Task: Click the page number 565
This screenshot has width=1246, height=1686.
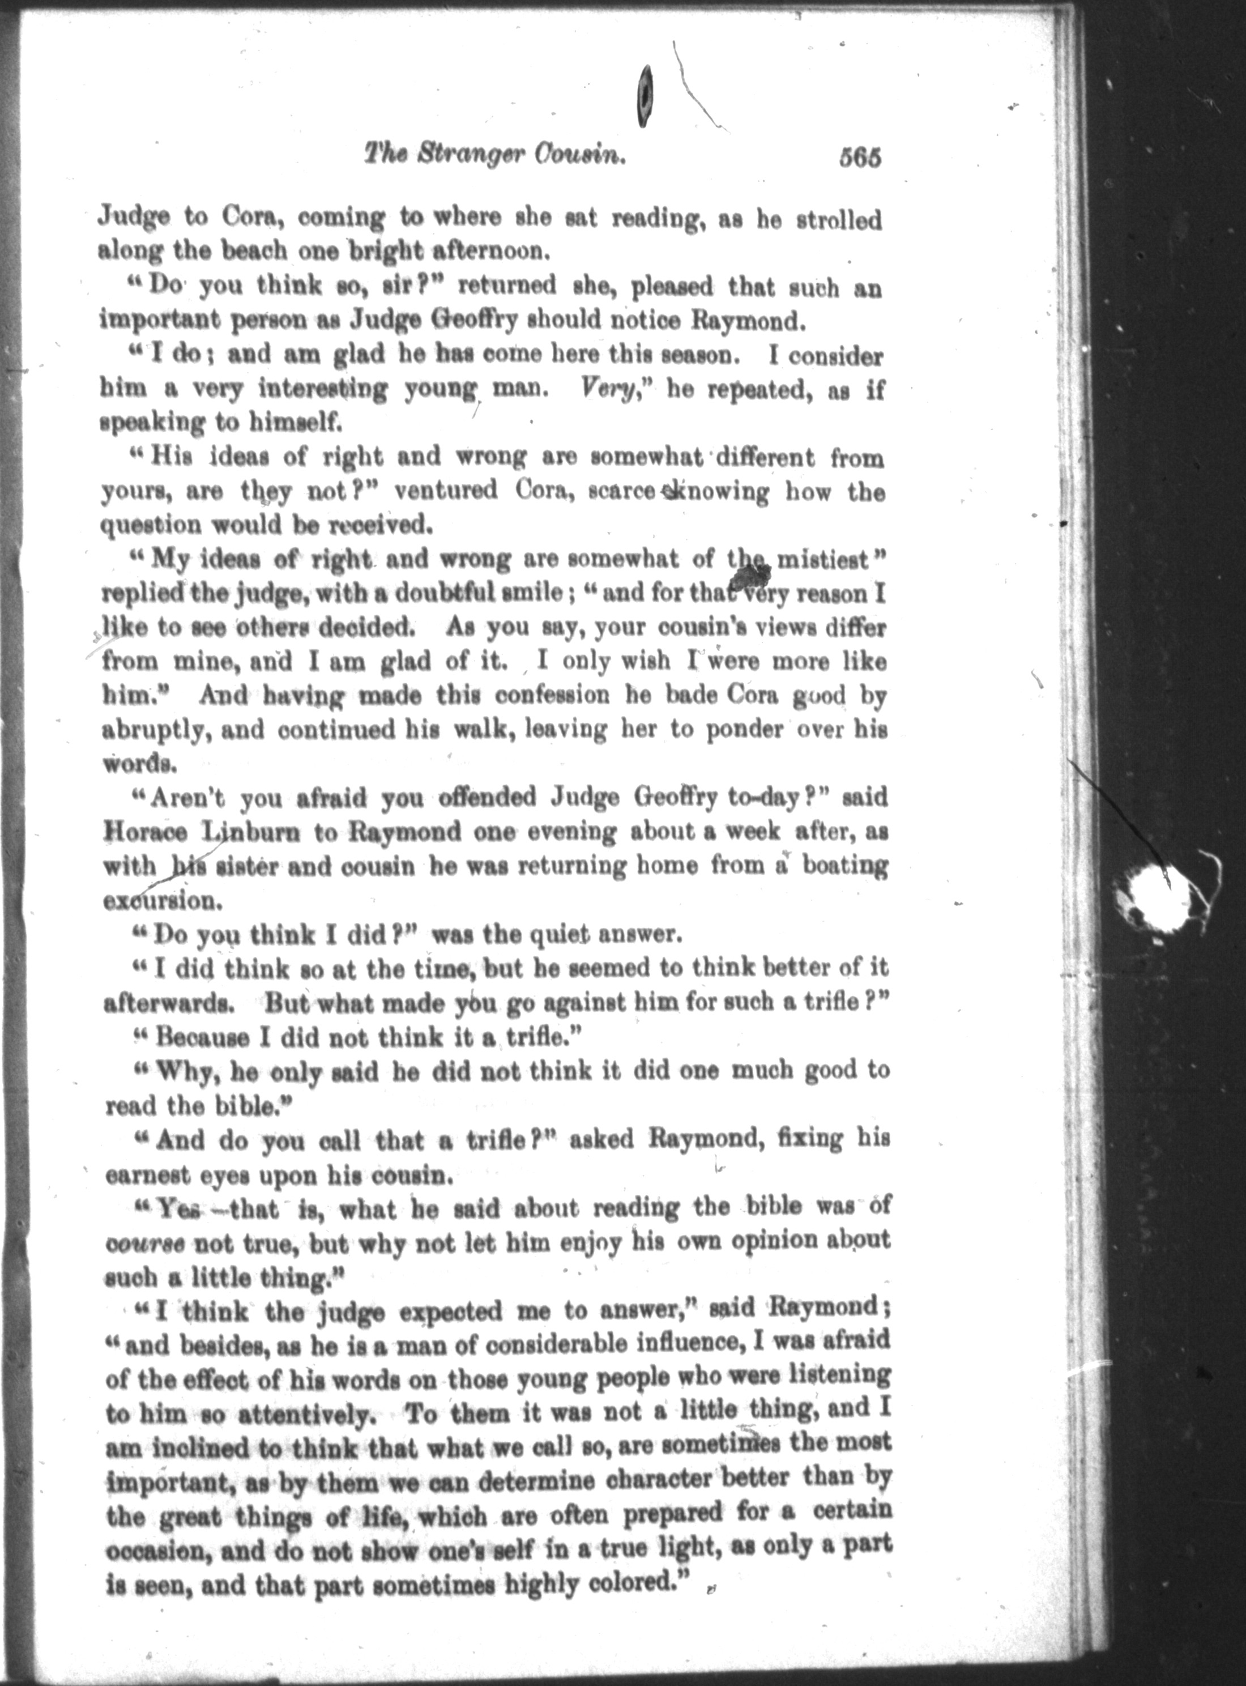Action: click(858, 159)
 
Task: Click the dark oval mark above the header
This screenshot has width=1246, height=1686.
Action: click(645, 96)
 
